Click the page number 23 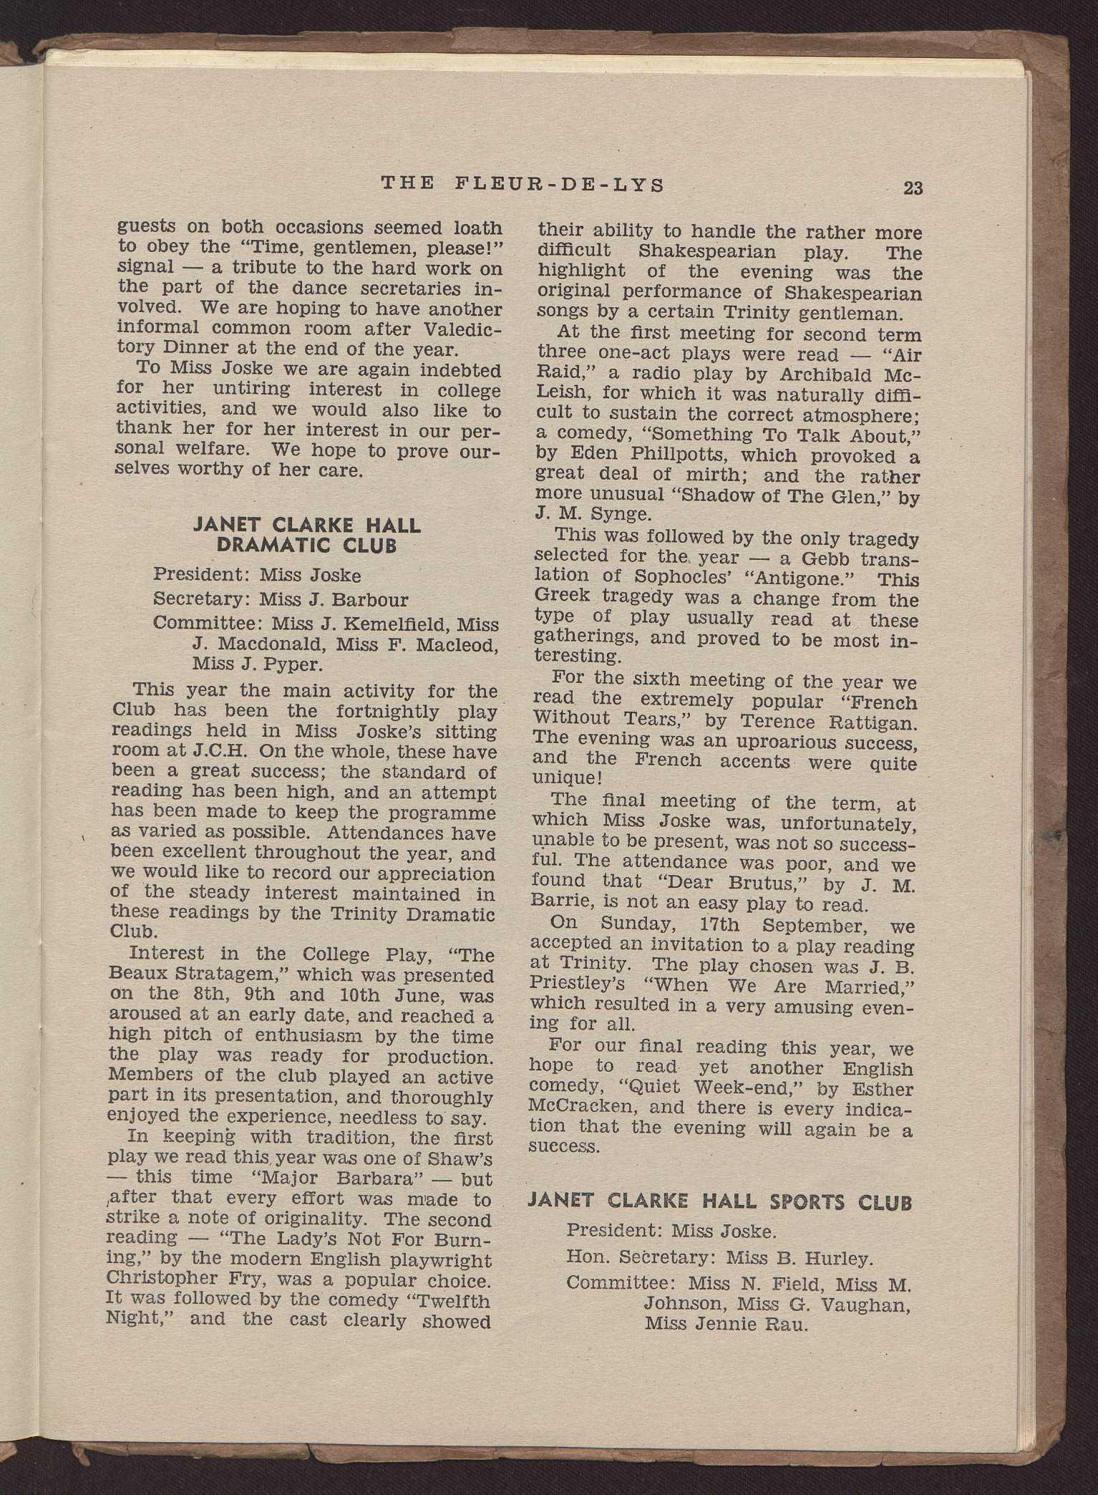(913, 188)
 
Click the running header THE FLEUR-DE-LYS (523, 184)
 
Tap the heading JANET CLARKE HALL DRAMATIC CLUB (306, 536)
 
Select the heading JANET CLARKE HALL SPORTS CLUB (719, 1201)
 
